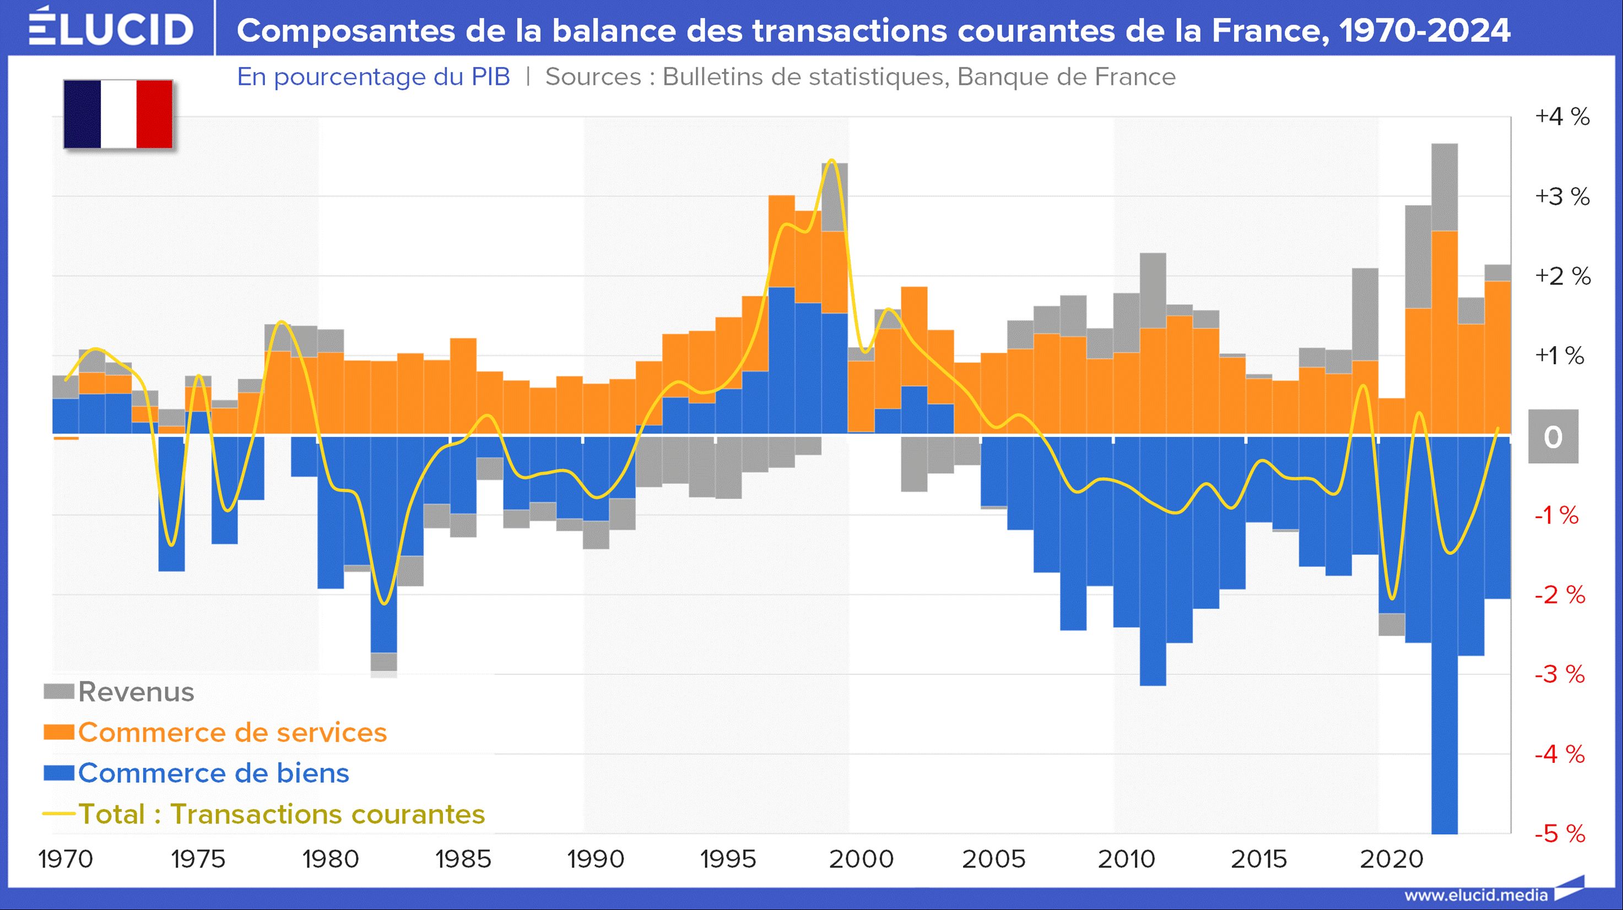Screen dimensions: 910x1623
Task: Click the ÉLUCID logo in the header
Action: pyautogui.click(x=111, y=28)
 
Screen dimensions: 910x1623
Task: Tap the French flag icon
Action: pyautogui.click(x=118, y=114)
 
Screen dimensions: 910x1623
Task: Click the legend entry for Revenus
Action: pyautogui.click(x=119, y=692)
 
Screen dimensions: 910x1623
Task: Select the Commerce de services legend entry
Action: pyautogui.click(x=215, y=733)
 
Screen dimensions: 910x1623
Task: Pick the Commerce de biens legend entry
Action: pyautogui.click(x=197, y=773)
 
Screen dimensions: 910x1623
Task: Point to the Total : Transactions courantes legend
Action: pyautogui.click(x=264, y=814)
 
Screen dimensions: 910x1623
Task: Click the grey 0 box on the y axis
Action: pyautogui.click(x=1553, y=437)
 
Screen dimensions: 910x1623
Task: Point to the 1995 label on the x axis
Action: pyautogui.click(x=728, y=859)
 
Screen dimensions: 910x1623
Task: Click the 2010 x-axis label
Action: pyautogui.click(x=1127, y=859)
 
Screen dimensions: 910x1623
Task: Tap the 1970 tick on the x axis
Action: pyautogui.click(x=66, y=859)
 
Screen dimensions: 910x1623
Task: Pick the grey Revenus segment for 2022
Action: pyautogui.click(x=1445, y=187)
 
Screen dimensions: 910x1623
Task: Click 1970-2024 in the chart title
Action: pyautogui.click(x=1425, y=30)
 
